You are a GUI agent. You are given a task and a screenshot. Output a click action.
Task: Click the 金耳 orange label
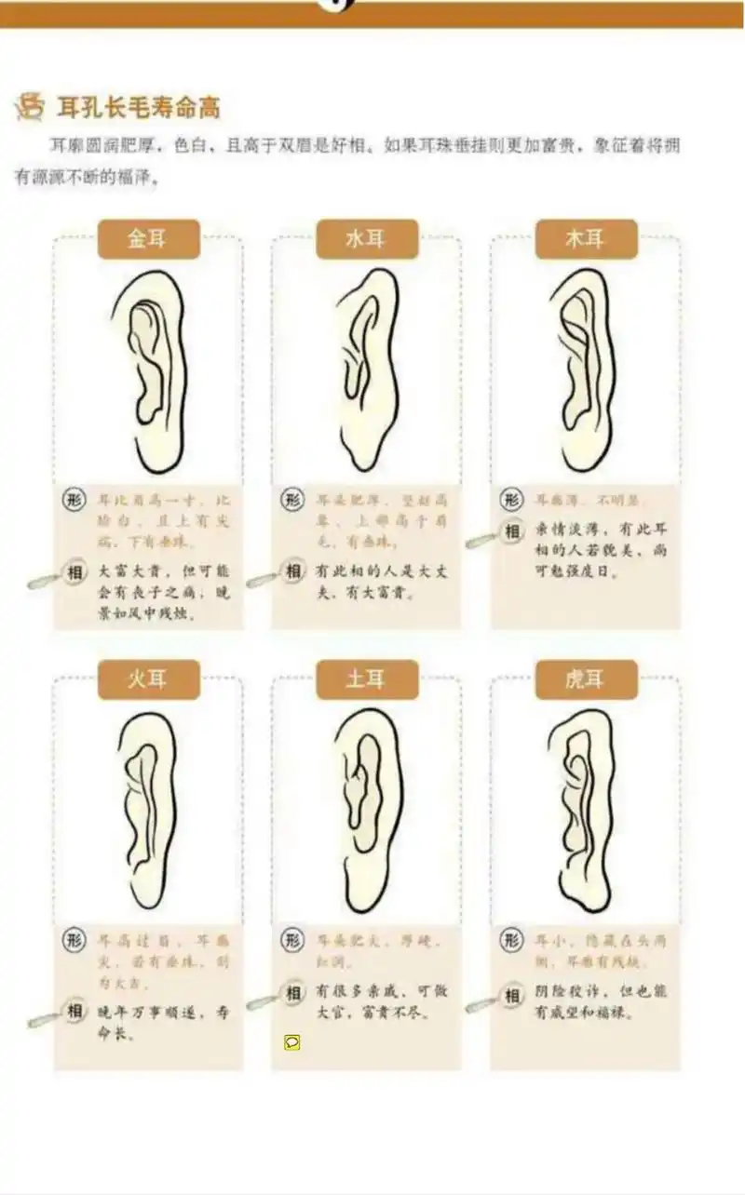(149, 239)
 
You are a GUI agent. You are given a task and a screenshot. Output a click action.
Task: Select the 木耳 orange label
(586, 239)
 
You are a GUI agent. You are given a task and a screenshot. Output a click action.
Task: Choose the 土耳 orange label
(367, 679)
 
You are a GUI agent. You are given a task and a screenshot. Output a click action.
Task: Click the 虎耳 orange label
(586, 679)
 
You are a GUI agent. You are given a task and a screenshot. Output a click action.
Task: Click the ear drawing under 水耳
(368, 370)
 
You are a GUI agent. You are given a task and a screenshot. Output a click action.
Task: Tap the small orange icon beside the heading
(31, 106)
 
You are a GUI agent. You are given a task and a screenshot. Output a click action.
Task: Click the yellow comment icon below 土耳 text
(291, 1041)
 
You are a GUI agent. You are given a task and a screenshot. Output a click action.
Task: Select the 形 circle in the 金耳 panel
(75, 499)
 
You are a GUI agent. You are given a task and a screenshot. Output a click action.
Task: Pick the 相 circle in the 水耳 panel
(293, 571)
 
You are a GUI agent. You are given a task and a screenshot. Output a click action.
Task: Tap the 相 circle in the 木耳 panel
(511, 531)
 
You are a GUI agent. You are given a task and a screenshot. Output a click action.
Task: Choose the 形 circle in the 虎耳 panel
(511, 939)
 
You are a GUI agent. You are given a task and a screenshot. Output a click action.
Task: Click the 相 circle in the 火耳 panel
(75, 1011)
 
